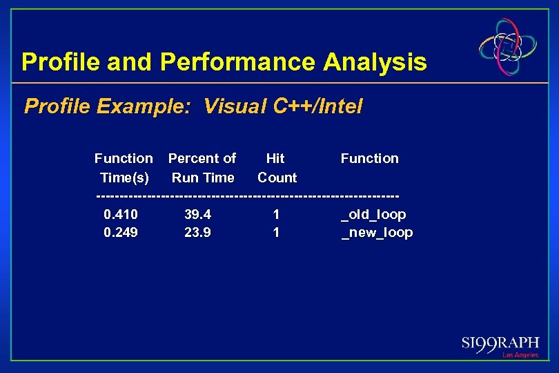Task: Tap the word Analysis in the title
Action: pyautogui.click(x=375, y=62)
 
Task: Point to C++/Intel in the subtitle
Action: pyautogui.click(x=318, y=106)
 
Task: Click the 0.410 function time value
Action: pyautogui.click(x=121, y=214)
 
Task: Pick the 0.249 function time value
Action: pyautogui.click(x=121, y=233)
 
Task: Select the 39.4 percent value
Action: pyautogui.click(x=198, y=214)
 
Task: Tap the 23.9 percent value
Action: pyautogui.click(x=198, y=233)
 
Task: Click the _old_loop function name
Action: pyautogui.click(x=374, y=215)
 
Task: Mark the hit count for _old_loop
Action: pyautogui.click(x=276, y=214)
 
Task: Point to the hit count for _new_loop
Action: pyautogui.click(x=276, y=233)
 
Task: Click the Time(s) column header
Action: pyautogui.click(x=124, y=178)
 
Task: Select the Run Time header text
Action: pyautogui.click(x=203, y=178)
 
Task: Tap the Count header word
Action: pyautogui.click(x=277, y=178)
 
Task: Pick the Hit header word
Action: pyautogui.click(x=275, y=158)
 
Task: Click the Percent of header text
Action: pyautogui.click(x=202, y=158)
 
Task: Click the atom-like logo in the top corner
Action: pyautogui.click(x=509, y=47)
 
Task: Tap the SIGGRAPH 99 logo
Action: pyautogui.click(x=500, y=344)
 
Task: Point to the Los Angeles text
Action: pyautogui.click(x=520, y=355)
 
